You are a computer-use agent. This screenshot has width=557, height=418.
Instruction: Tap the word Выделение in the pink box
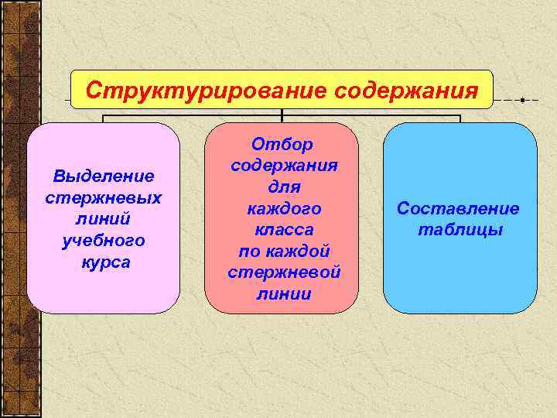104,177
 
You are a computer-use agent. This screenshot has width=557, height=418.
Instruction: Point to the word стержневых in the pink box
104,198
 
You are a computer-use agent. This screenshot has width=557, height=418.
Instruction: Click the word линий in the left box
104,220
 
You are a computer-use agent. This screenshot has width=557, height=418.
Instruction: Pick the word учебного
104,241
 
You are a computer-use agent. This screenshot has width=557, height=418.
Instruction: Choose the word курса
104,262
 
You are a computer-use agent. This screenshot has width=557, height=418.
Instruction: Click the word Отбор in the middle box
282,145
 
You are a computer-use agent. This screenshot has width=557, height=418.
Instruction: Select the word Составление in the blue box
458,209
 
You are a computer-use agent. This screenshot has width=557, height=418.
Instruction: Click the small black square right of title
523,101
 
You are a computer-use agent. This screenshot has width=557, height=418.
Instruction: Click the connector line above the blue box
460,118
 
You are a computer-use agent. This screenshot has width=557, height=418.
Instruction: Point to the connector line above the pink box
104,118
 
